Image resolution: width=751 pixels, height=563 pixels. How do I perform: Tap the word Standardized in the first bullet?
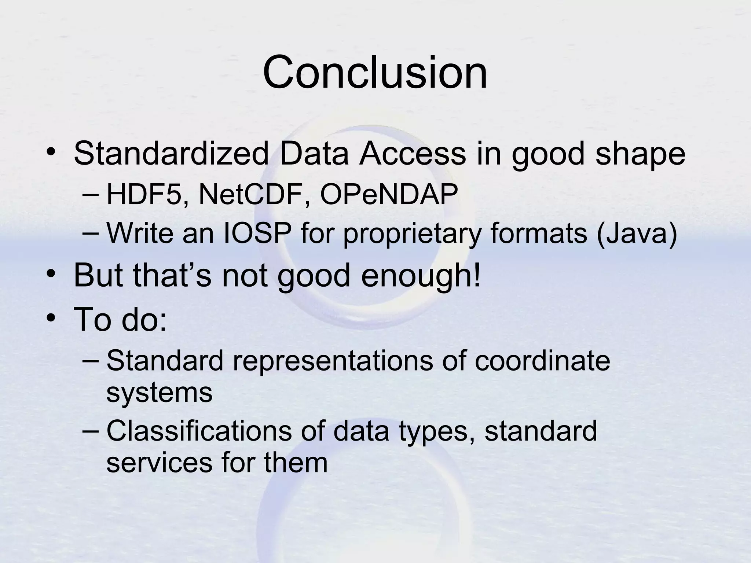click(172, 154)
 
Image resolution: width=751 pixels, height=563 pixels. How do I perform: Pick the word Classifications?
click(199, 431)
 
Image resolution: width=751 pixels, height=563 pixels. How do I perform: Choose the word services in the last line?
click(159, 463)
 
